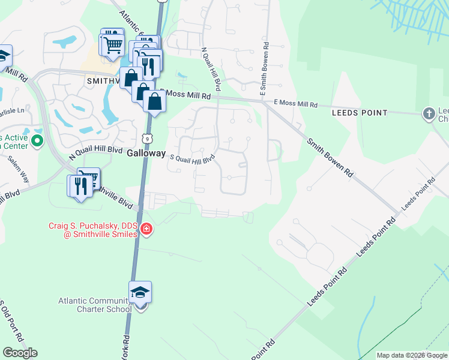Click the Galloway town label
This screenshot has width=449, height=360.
[x=146, y=154]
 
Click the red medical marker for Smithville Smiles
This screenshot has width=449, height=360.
[x=146, y=229]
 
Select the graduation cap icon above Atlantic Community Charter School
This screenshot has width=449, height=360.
[x=140, y=292]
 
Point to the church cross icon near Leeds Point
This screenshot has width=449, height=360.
[x=429, y=113]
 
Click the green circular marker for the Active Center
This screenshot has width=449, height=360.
[x=37, y=142]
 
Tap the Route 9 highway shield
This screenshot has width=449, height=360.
[x=147, y=139]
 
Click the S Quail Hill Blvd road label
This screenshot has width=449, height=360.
[x=193, y=160]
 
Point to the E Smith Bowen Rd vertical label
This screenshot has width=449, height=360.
[x=263, y=70]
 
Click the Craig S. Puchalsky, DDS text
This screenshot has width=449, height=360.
[x=94, y=226]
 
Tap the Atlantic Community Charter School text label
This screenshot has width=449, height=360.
[x=95, y=305]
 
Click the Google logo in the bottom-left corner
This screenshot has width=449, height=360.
[x=20, y=353]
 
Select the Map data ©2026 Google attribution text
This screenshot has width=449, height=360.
[x=412, y=355]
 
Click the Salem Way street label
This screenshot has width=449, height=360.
[x=18, y=169]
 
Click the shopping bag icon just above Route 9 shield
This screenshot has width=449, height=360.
[x=155, y=101]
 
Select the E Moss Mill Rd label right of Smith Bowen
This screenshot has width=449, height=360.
[x=297, y=104]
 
